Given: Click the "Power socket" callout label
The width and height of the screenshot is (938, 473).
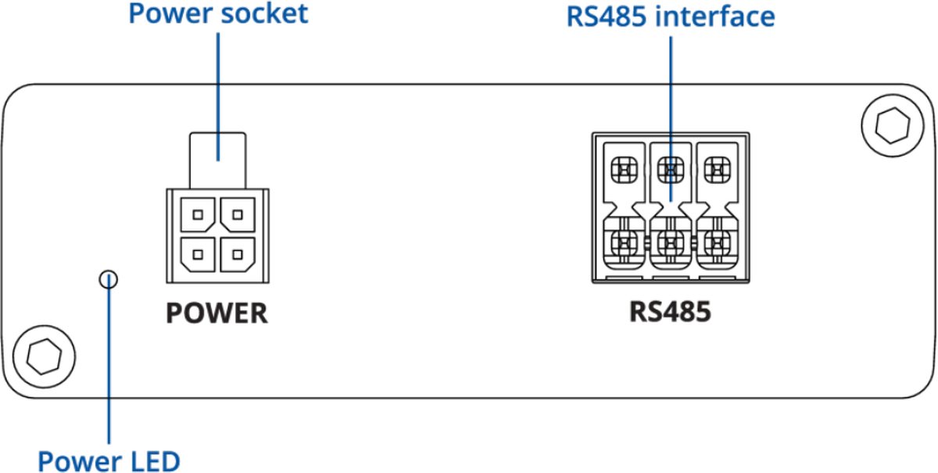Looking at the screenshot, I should (x=218, y=14).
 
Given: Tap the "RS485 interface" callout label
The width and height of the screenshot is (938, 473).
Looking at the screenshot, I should (x=671, y=16).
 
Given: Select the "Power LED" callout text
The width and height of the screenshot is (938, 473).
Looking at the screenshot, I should (x=109, y=460).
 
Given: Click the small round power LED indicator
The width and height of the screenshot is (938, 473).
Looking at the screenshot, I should (x=109, y=278).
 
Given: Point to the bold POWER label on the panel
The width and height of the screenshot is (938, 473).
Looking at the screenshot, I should (x=217, y=314).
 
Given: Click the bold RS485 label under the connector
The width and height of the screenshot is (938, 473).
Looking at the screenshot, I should (x=671, y=312).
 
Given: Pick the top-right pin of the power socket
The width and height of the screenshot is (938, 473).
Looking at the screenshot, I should (x=237, y=213).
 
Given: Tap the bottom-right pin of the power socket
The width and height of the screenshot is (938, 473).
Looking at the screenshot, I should (x=237, y=253).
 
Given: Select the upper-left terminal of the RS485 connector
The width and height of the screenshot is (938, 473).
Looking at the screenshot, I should (x=624, y=167).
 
